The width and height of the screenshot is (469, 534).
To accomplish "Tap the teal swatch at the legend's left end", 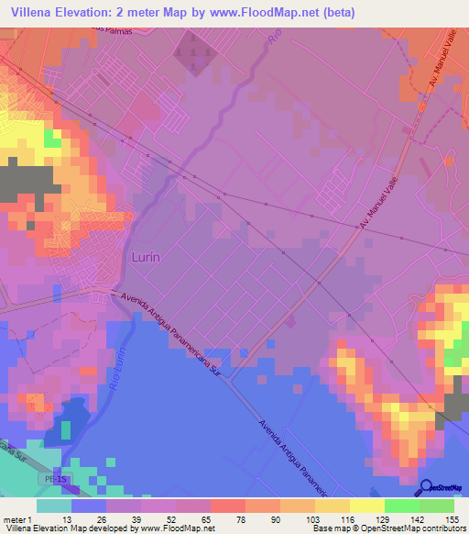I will [54, 506].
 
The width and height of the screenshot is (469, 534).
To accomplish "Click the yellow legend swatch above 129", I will [367, 506].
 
